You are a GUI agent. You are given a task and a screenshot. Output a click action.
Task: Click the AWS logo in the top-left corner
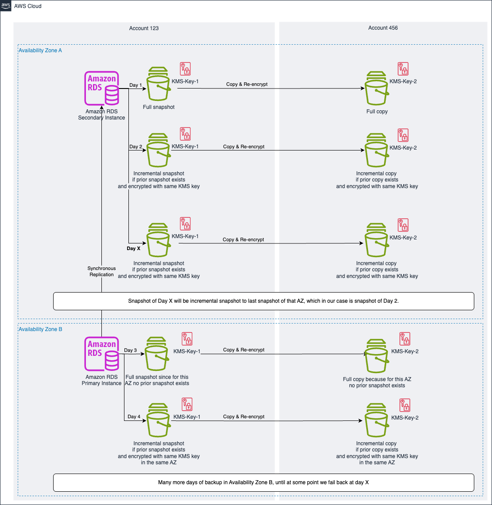tap(6, 6)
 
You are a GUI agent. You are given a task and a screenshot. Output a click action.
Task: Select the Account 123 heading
tap(144, 28)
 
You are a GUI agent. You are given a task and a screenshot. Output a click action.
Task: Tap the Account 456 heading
tap(383, 28)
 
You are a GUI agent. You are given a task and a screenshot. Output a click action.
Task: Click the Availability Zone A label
tap(40, 50)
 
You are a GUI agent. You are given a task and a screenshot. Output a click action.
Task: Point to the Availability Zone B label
tap(40, 329)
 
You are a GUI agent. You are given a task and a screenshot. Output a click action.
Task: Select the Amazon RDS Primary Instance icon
tap(101, 354)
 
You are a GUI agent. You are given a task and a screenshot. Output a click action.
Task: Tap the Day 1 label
tap(136, 85)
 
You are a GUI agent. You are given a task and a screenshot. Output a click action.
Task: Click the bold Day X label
tap(133, 248)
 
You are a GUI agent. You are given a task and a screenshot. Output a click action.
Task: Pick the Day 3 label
tap(131, 350)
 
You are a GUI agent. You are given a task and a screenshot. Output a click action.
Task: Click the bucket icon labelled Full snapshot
tap(159, 85)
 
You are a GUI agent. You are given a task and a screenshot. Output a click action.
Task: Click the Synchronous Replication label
tap(101, 271)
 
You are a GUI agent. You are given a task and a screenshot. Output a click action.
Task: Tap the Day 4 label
tap(134, 416)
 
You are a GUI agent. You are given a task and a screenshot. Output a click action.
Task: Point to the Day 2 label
tap(136, 146)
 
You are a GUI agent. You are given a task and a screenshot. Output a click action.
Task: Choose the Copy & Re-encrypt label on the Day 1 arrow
tap(247, 84)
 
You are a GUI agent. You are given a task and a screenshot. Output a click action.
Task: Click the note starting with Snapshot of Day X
tap(263, 301)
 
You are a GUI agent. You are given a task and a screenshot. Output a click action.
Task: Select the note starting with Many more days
tap(263, 482)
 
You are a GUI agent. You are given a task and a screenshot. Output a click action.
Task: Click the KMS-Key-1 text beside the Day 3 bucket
tap(187, 351)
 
